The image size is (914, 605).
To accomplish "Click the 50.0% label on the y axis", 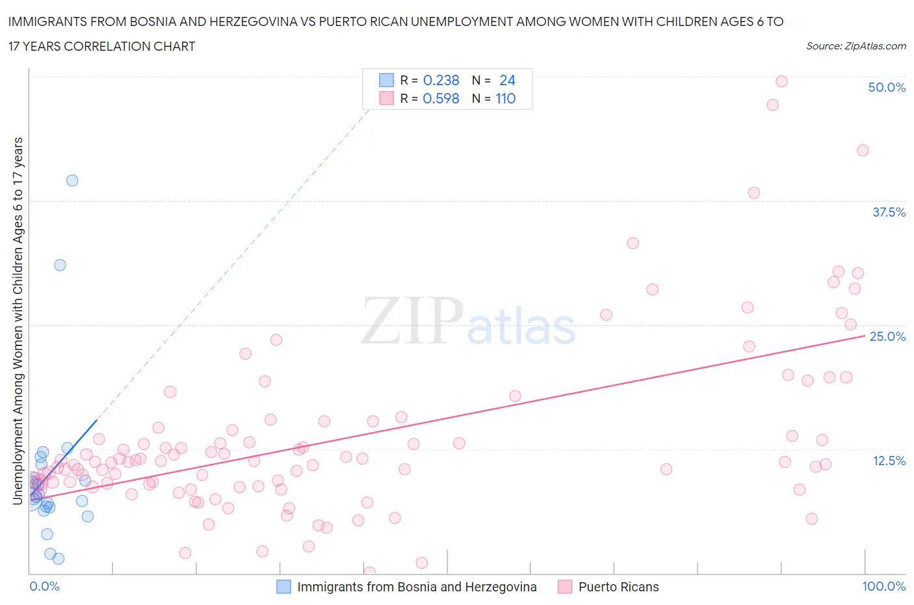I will coord(887,87).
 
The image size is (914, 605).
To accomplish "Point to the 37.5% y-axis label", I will coord(889,212).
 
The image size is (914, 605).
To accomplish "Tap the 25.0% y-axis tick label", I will coord(887,336).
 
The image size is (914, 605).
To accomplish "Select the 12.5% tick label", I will coord(889,461).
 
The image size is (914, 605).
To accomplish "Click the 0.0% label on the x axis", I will coord(44,586).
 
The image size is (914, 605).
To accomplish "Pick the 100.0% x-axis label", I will coord(883,586).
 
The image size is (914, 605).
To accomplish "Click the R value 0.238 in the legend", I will coord(441,80).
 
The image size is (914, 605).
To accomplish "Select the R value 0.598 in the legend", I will coord(441,98).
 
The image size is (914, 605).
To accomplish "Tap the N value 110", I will coord(505,98).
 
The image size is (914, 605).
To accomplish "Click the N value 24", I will coord(507,80).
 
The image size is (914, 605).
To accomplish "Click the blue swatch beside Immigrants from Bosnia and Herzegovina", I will coord(284,587).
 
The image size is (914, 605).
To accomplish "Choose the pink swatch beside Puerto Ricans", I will coord(565,587).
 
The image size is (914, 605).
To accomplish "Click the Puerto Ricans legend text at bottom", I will coord(618,587).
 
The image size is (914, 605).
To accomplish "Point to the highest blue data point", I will coord(72,180).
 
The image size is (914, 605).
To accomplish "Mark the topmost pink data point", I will coord(781,81).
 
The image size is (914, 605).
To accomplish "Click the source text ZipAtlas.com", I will coord(855,46).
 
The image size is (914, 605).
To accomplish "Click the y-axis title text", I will coord(18,321).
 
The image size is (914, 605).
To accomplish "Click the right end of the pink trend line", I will coord(865,335).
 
